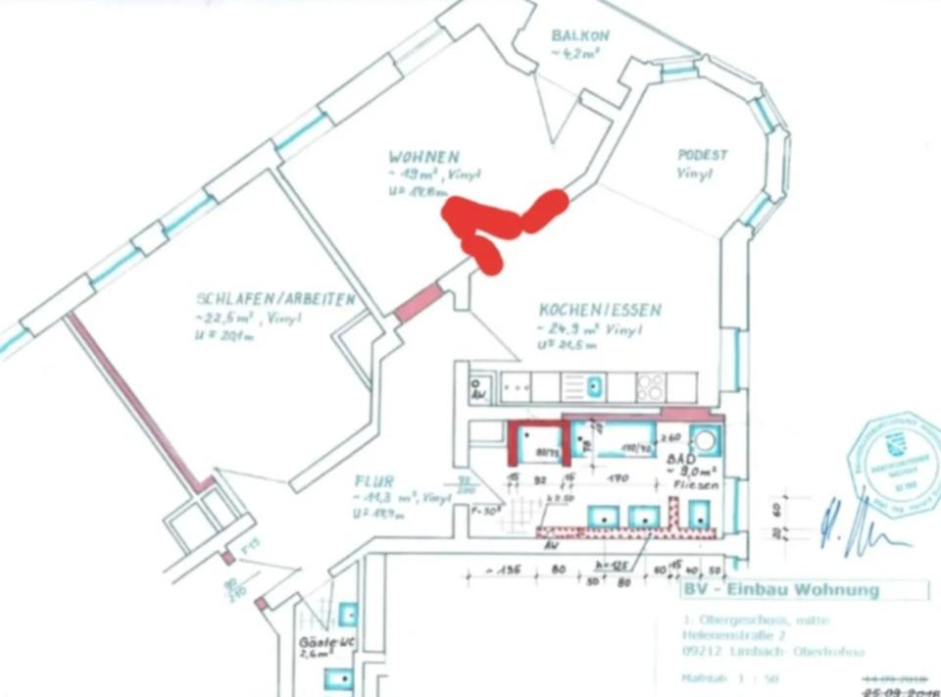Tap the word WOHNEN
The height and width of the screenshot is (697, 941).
[423, 157]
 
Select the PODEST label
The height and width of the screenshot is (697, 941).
[703, 155]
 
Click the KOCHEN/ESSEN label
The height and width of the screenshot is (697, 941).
[599, 310]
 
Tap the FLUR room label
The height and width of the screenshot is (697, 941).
[374, 481]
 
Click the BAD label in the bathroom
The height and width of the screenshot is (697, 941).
[682, 458]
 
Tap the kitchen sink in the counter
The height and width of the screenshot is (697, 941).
[595, 386]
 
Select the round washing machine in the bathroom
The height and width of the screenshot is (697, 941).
[703, 438]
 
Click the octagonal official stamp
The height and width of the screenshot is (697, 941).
[895, 465]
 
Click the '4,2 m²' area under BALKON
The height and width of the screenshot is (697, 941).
[577, 55]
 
